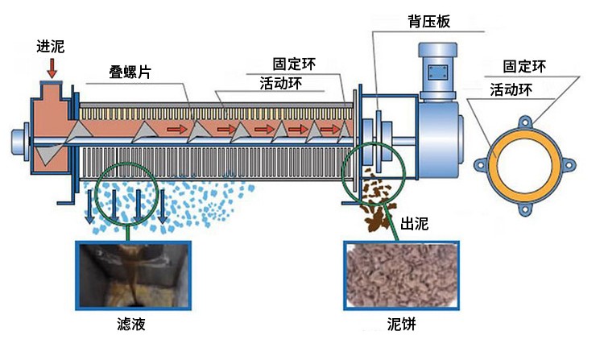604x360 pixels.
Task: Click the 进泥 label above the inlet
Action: (51, 47)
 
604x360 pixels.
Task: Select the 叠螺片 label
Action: (130, 72)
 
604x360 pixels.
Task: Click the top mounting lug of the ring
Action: (525, 122)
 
